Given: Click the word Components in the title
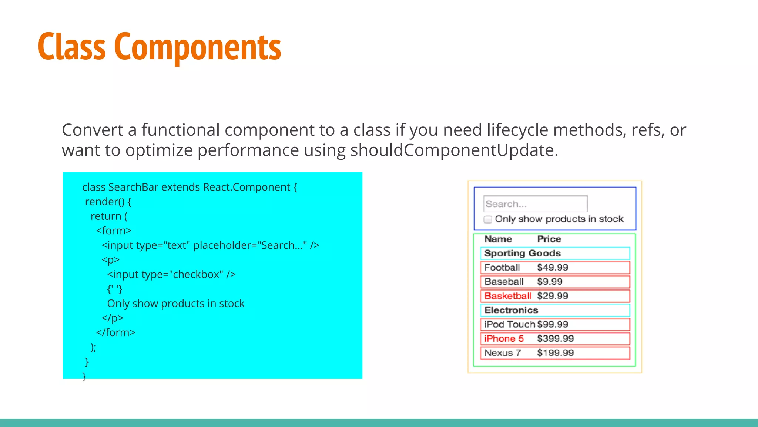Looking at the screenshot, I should (x=198, y=47).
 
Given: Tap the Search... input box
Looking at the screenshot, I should (x=535, y=204).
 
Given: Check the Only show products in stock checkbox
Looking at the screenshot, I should (x=488, y=219).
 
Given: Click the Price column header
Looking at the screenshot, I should (x=549, y=239).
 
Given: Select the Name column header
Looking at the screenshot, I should (x=498, y=239).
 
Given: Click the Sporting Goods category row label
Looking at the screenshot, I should (x=522, y=253).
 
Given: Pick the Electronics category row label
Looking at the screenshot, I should (x=511, y=310).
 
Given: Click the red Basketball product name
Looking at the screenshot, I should (x=507, y=296).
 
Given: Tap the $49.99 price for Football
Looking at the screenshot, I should (x=552, y=268).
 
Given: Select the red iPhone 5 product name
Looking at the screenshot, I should (x=504, y=339).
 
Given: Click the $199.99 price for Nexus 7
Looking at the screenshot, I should (x=555, y=353).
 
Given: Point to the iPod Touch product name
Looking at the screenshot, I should (x=509, y=324).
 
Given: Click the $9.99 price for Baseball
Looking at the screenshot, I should (x=550, y=282).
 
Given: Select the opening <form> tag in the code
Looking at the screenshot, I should (x=114, y=231).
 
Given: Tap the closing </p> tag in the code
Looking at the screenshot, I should (x=113, y=318).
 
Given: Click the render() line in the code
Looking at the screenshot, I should (x=108, y=202).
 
